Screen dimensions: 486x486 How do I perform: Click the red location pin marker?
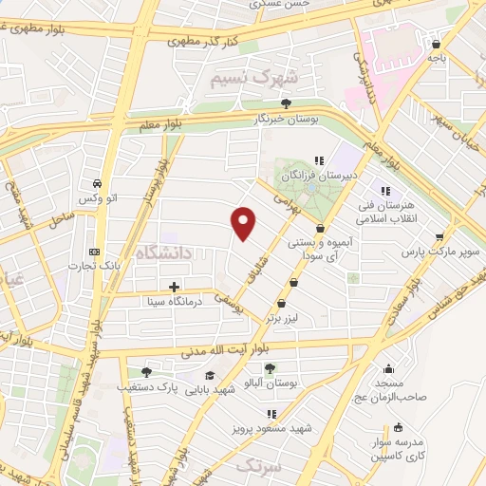point(244,222)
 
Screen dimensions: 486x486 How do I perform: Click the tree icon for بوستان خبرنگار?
point(286,104)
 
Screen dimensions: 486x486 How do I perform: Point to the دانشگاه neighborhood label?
point(163,252)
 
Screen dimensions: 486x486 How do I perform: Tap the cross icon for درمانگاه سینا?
point(173,286)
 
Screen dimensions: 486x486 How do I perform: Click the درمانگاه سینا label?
point(167,302)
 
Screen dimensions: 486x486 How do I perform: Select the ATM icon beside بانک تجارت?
point(93,252)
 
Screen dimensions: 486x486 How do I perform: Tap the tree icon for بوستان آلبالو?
point(271,367)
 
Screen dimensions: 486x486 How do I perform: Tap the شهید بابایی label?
point(210,390)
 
